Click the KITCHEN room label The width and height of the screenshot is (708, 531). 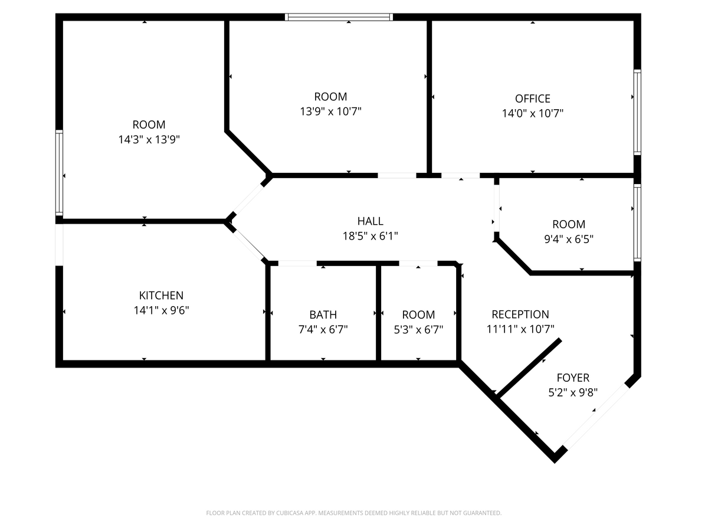click(x=161, y=296)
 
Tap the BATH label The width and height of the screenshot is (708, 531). click(x=323, y=314)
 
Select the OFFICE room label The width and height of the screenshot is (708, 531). click(x=532, y=99)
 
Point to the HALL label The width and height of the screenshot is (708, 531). click(x=370, y=221)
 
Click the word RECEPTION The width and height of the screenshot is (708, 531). click(x=520, y=314)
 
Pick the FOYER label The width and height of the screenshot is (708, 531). click(x=572, y=378)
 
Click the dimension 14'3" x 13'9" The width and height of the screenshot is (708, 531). click(x=149, y=140)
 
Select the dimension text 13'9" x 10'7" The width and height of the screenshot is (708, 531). click(x=330, y=112)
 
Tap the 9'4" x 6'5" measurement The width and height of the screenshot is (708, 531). click(x=569, y=239)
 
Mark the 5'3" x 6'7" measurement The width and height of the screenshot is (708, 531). click(x=418, y=330)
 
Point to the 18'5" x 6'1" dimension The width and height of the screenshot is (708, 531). click(x=370, y=236)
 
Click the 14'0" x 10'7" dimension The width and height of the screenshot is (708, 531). click(x=532, y=113)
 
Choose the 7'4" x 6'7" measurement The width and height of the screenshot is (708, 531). click(x=323, y=330)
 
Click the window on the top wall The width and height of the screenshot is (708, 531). click(x=339, y=17)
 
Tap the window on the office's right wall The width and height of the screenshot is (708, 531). click(x=637, y=112)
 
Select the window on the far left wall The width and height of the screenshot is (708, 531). click(x=59, y=173)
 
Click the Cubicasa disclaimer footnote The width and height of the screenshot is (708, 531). click(x=353, y=513)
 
